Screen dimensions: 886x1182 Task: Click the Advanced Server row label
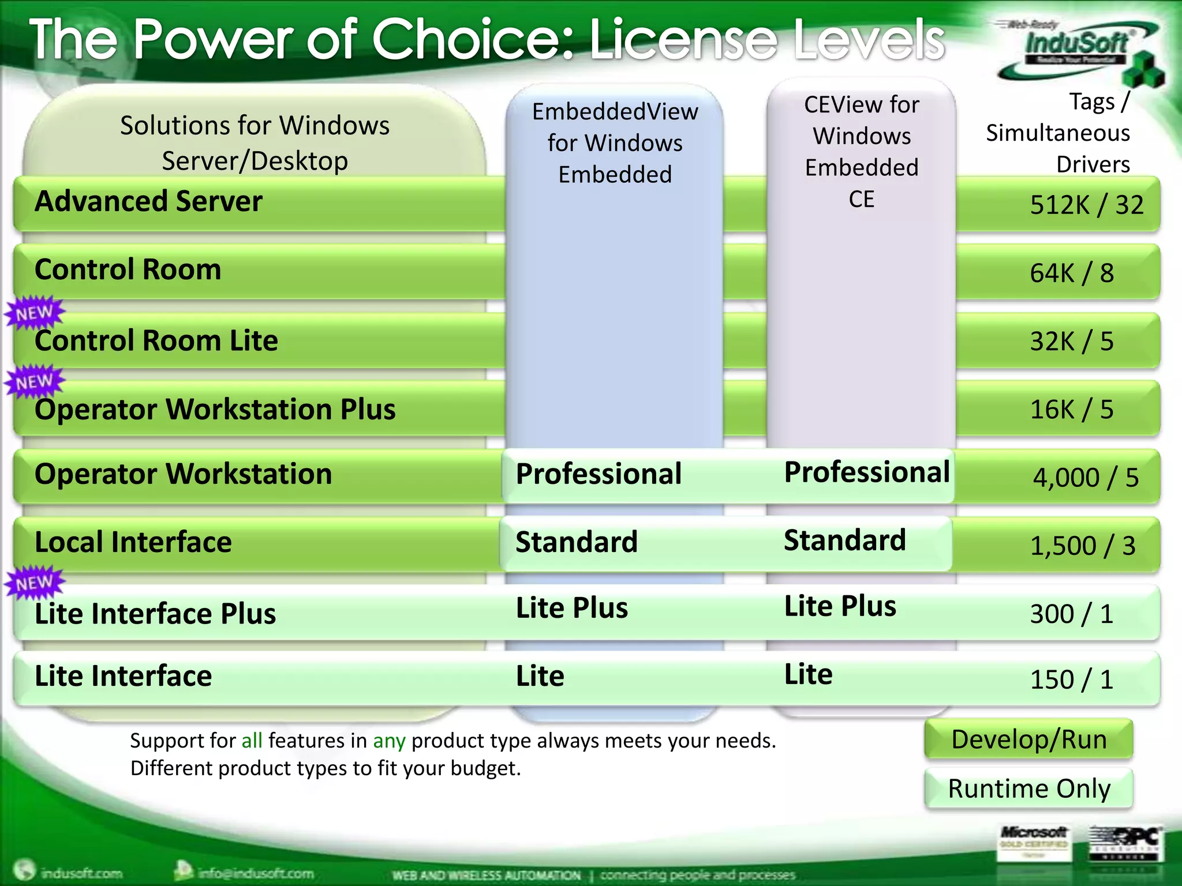(148, 202)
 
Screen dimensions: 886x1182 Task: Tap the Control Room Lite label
(156, 341)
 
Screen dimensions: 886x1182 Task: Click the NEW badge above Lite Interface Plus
(35, 583)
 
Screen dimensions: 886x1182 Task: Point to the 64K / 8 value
(1072, 273)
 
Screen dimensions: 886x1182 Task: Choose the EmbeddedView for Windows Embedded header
(615, 143)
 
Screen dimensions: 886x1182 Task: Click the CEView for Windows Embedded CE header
(861, 152)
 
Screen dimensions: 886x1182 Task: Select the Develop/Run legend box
(1028, 739)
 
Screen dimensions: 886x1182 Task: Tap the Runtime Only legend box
(1028, 789)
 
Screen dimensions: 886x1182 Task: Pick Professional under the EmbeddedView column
(599, 474)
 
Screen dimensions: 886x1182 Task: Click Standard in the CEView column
(844, 540)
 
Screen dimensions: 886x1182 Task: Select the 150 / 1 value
(1071, 679)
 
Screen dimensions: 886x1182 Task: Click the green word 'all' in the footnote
(252, 741)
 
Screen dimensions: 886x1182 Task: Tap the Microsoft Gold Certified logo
(1033, 840)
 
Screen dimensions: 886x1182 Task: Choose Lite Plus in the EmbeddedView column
(571, 608)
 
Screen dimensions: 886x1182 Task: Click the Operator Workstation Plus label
(215, 410)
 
